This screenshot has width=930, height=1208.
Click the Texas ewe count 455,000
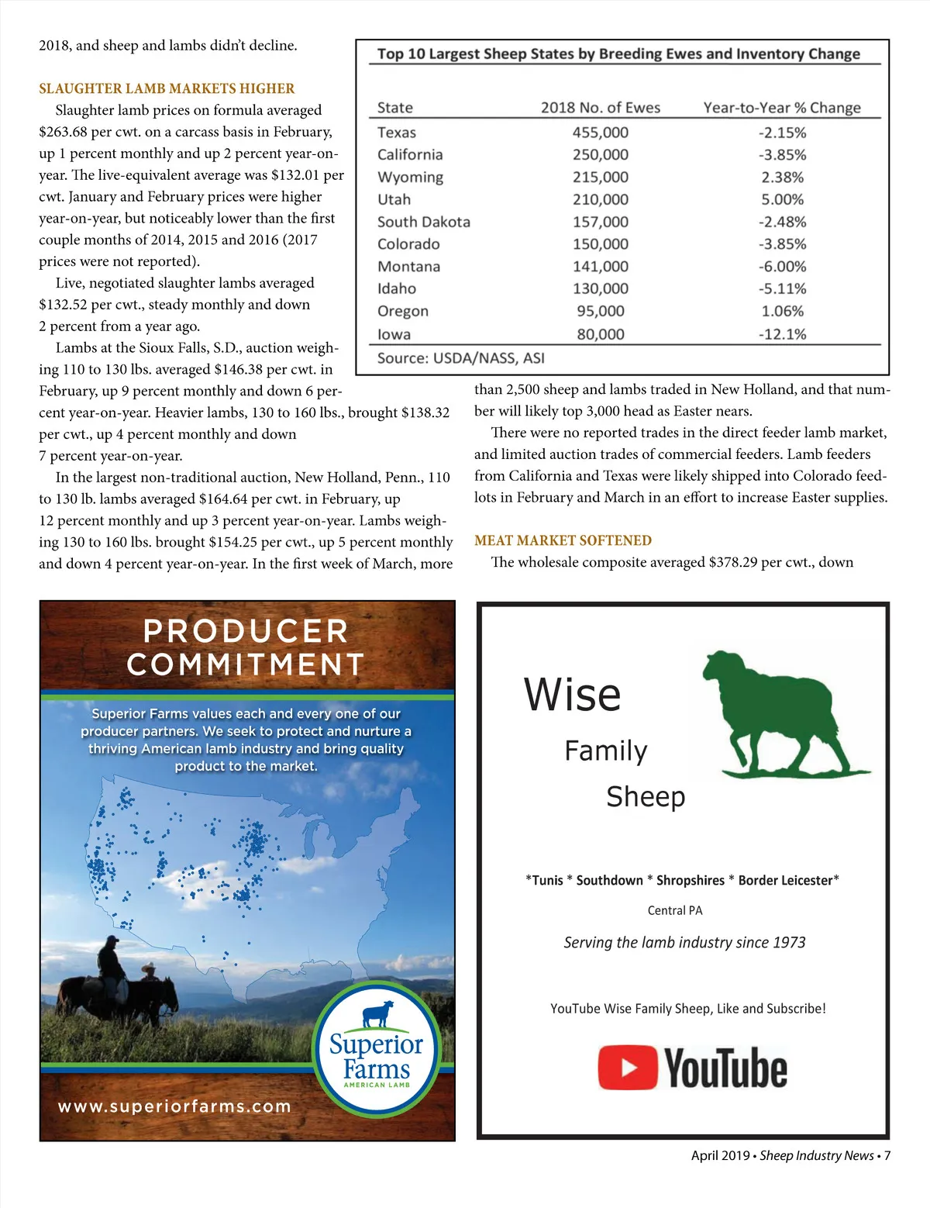click(600, 133)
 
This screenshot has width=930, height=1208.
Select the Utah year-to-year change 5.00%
click(782, 199)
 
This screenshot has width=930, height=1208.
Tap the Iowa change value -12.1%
click(782, 334)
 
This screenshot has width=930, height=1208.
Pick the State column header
click(394, 108)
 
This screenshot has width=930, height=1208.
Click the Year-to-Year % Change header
click(781, 108)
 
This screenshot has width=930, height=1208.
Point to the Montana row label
click(408, 266)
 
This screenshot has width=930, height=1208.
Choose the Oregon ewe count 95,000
click(600, 311)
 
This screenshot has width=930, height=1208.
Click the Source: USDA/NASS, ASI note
click(460, 358)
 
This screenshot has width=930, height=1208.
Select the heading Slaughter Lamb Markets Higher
click(167, 88)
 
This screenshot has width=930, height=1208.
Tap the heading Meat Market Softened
click(563, 540)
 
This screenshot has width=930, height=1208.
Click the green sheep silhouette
click(783, 713)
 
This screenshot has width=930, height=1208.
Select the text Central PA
click(675, 910)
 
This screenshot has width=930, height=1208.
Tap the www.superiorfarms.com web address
click(174, 1106)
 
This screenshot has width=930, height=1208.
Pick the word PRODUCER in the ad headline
click(246, 631)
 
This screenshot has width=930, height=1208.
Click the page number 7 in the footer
click(887, 1155)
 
